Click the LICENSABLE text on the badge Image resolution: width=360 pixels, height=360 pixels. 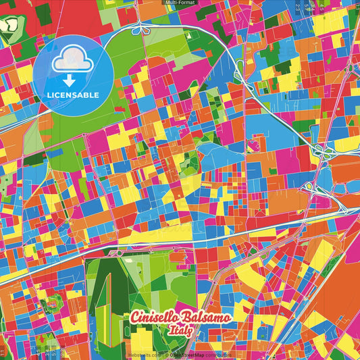(x=73, y=95)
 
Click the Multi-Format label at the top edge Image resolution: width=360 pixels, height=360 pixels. (x=180, y=3)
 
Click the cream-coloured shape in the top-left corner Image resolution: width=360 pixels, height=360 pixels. (x=9, y=26)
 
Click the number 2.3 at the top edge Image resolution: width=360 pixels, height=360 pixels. (x=306, y=8)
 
